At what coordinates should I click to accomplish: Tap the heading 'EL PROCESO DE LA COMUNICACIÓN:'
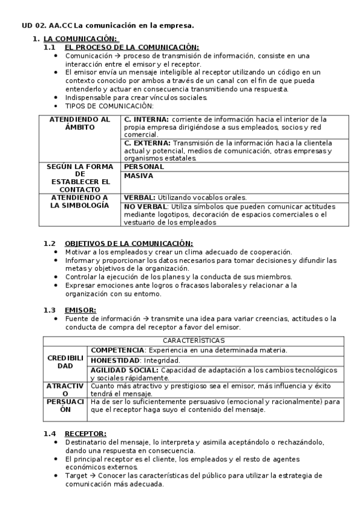132,47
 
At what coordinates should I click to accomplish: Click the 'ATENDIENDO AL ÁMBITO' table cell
80,123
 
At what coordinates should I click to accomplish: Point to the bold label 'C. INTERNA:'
147,120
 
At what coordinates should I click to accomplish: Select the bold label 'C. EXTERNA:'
147,143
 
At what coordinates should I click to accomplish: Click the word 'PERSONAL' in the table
144,167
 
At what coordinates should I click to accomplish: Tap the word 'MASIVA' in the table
139,176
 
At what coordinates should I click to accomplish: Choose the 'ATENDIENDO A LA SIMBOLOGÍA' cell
80,201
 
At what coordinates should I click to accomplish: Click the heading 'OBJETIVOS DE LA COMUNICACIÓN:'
133,243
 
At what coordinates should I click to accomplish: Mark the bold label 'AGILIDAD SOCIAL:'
125,370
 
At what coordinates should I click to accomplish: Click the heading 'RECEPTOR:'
85,433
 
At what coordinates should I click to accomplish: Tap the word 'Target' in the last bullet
76,475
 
